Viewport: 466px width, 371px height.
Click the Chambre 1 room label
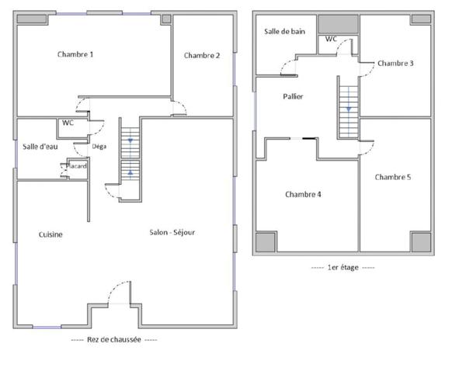coord(75,54)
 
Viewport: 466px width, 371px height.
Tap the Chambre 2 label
coord(202,55)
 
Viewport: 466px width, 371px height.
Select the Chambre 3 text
coord(395,63)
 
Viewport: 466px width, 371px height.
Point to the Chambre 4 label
coord(303,194)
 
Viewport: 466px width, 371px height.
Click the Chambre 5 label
coord(393,177)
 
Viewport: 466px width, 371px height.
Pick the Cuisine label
coord(50,234)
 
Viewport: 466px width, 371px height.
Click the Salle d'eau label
coord(40,146)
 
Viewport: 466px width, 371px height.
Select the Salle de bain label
coord(283,32)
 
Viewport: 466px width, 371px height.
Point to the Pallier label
coord(292,96)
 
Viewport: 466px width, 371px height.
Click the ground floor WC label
coord(68,123)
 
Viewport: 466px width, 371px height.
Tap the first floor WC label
coord(331,39)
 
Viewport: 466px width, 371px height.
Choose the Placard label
coord(76,166)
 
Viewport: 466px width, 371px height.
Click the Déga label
coord(99,146)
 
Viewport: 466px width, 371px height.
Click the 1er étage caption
coord(343,268)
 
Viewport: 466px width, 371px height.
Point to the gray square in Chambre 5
coord(420,242)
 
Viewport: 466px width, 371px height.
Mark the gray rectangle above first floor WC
coord(337,23)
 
